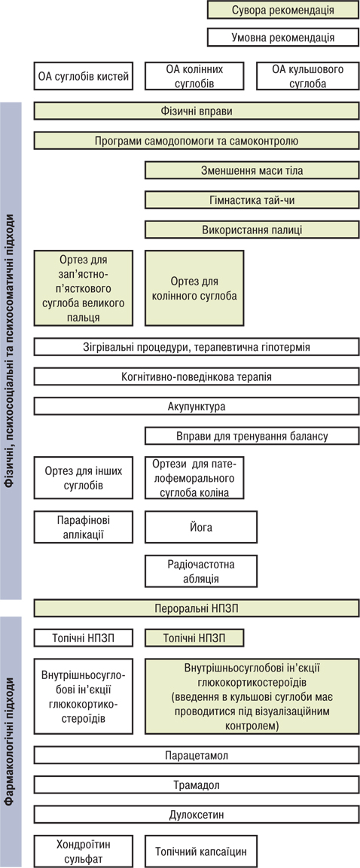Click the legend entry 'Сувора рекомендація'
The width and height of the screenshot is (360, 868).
tap(282, 10)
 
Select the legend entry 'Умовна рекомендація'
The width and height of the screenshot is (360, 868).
tap(282, 38)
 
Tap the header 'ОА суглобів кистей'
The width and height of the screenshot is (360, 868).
tap(84, 76)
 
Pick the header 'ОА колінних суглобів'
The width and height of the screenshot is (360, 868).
tap(194, 76)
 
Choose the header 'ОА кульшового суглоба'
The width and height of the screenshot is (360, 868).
tap(307, 76)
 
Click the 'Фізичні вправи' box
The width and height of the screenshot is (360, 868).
tap(197, 111)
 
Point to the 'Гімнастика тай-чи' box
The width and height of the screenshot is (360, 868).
tap(252, 200)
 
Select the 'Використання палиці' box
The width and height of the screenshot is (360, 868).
tap(252, 230)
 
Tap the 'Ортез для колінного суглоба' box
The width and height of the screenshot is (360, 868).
tap(194, 288)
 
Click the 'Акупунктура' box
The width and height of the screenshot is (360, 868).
tap(197, 407)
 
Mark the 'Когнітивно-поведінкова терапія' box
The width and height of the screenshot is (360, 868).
tap(197, 377)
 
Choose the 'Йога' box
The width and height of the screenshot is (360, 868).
tap(201, 527)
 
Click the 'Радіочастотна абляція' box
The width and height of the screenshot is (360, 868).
tap(201, 571)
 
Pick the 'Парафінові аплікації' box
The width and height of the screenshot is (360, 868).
tap(84, 527)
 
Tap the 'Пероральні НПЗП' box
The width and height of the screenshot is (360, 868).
tap(197, 608)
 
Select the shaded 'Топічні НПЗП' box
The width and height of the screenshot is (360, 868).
tap(194, 638)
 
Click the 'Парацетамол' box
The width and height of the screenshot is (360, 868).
tap(197, 755)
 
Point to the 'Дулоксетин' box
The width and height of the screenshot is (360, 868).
tap(197, 815)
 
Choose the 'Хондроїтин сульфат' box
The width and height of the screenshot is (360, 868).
tap(84, 851)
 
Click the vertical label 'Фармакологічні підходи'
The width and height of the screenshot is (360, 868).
tap(11, 742)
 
